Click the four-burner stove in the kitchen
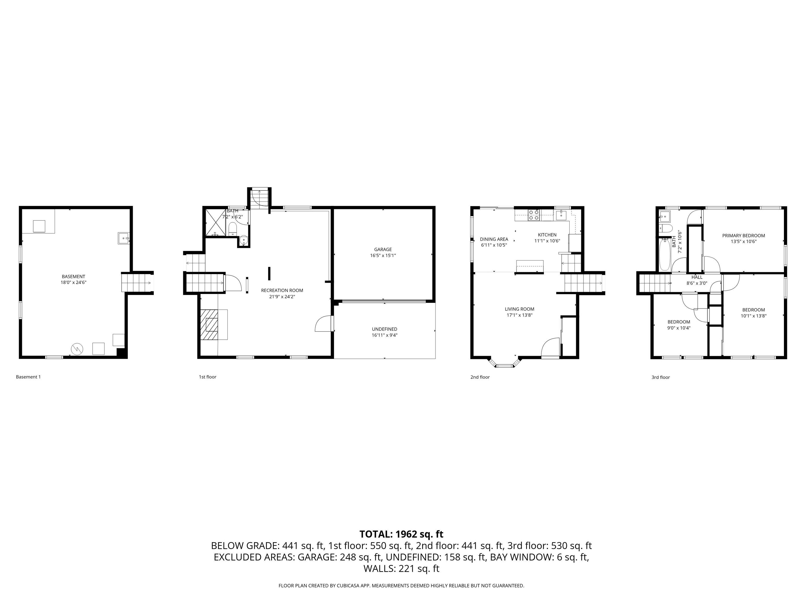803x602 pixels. (534, 215)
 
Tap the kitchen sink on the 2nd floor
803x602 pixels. (561, 215)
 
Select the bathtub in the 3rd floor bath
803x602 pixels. (665, 254)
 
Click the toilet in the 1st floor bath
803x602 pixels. (233, 229)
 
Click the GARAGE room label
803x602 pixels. (383, 249)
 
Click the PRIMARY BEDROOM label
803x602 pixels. (743, 235)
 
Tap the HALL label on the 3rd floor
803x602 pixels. (697, 277)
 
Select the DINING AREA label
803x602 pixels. (494, 239)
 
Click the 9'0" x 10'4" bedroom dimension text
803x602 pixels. (679, 328)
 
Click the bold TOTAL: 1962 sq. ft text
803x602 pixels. (401, 534)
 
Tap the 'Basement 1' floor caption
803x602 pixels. (28, 377)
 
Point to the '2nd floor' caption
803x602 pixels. (480, 377)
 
